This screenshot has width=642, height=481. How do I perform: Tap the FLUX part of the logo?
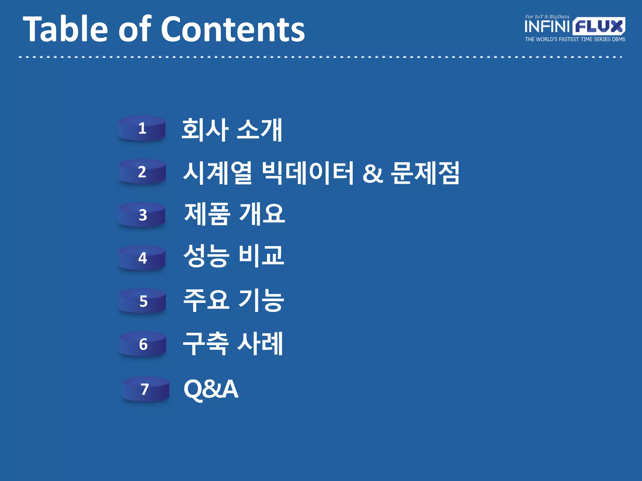pos(599,26)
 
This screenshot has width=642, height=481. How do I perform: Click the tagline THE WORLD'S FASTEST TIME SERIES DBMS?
pos(575,39)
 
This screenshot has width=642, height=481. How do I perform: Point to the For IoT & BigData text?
pos(547,17)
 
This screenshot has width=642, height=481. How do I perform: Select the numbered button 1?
pos(142,129)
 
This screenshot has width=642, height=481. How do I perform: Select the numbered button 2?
pos(142,172)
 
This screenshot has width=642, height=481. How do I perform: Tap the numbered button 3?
pos(142,215)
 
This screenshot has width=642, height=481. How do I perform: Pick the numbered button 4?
pos(142,258)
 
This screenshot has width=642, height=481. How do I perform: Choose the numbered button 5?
pos(143,301)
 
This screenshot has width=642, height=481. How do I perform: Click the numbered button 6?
pos(143,344)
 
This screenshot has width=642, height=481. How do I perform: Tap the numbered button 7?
pos(145,389)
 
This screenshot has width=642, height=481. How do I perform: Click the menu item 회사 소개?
pos(232,130)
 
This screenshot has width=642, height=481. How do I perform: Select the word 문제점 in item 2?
pos(425,173)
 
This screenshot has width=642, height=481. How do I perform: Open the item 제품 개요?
pos(234,215)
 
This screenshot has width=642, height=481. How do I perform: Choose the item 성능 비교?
pos(234,256)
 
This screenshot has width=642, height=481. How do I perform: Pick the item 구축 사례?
pos(233,344)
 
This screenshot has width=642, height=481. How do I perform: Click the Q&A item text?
pos(211,389)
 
